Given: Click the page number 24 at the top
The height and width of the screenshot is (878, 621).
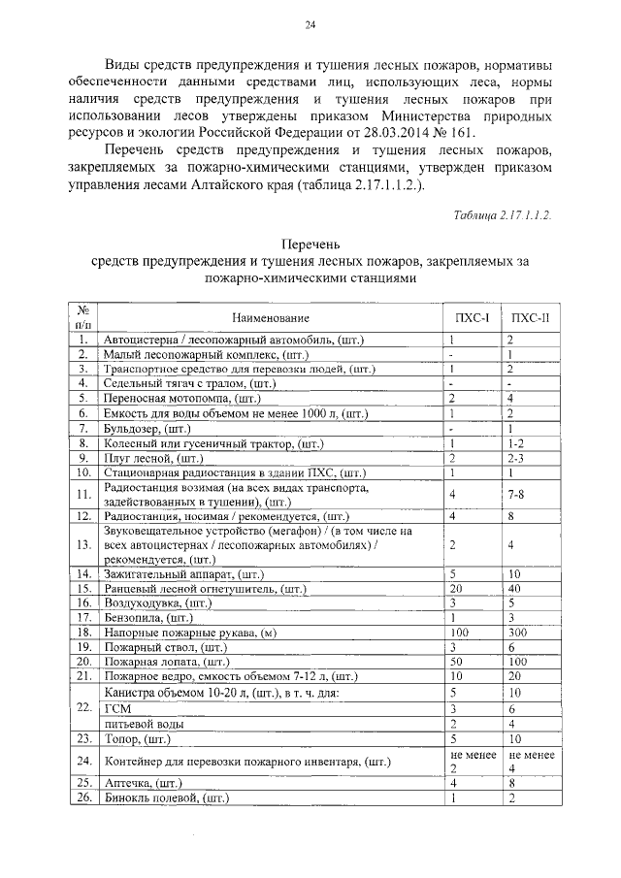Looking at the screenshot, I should pyautogui.click(x=310, y=25).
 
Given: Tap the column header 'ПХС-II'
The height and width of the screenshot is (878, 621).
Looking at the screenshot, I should pyautogui.click(x=530, y=318).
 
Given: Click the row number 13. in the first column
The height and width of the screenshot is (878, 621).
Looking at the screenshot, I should pyautogui.click(x=84, y=545).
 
